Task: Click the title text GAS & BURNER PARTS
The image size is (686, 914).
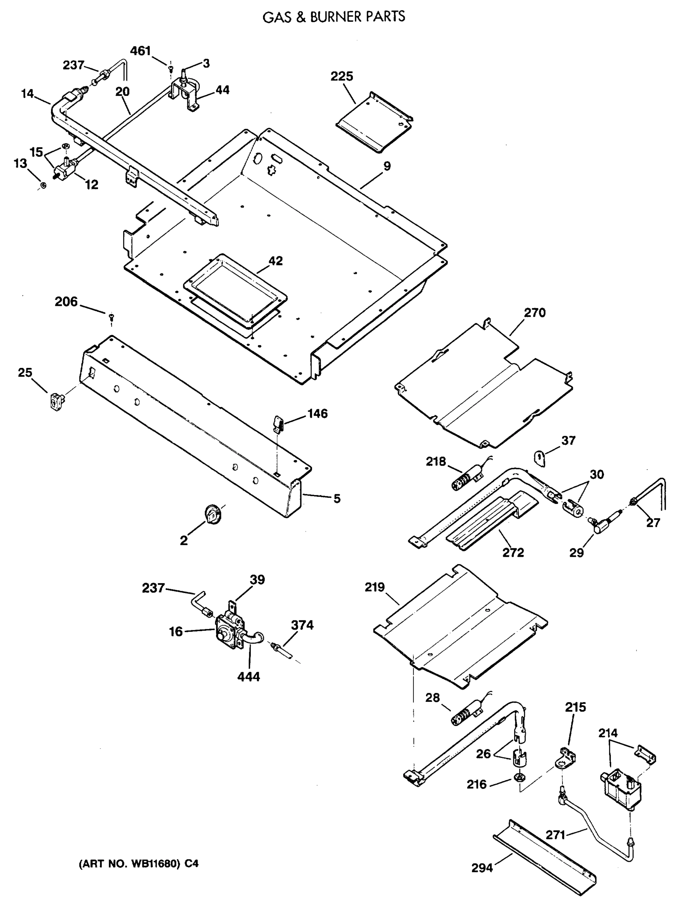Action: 334,16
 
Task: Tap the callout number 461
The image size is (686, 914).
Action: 140,51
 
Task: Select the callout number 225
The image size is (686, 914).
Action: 341,76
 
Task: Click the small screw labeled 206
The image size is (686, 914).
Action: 111,317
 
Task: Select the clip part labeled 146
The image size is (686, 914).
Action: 278,423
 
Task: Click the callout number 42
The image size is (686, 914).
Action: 276,261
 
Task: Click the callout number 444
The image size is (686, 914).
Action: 248,676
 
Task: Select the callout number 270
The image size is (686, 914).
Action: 535,313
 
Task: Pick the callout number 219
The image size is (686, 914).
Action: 375,587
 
